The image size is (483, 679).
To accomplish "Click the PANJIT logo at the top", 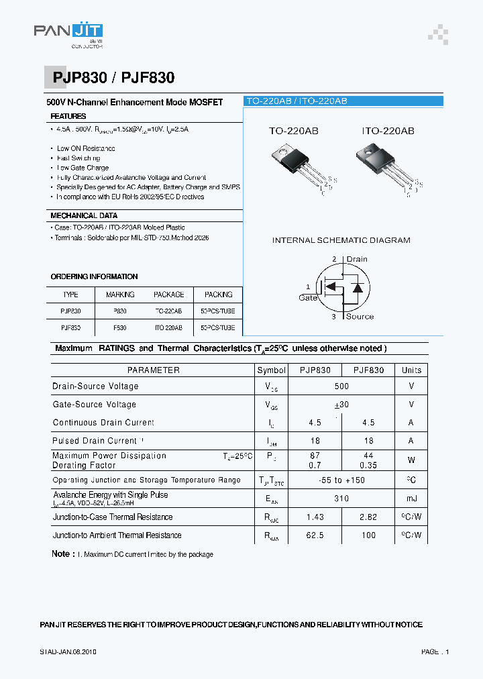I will tap(68, 34).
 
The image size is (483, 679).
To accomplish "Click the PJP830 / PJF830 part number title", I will tap(113, 78).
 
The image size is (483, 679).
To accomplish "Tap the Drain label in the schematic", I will tap(356, 259).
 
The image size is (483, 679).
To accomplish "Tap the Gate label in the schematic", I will tap(308, 297).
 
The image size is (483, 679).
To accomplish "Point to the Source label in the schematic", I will tap(360, 316).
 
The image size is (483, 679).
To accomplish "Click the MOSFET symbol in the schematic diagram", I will tap(343, 287).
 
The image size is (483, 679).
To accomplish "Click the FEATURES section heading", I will tap(68, 116).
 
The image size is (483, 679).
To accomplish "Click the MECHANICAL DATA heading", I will tap(84, 215).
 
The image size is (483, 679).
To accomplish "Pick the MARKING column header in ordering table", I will tap(120, 295).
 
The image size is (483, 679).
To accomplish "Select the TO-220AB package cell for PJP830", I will tap(168, 311).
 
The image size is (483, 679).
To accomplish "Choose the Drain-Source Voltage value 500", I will tap(341, 386).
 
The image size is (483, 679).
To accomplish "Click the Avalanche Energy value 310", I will tap(341, 499).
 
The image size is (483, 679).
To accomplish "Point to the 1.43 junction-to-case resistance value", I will tap(315, 517).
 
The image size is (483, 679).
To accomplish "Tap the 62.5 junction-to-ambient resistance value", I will tap(315, 535).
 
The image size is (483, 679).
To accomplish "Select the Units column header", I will tap(411, 370).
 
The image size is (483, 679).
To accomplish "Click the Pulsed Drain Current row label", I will tap(95, 441).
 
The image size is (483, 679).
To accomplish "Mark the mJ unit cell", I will tap(411, 499).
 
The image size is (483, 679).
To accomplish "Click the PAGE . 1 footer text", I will tap(435, 651).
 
